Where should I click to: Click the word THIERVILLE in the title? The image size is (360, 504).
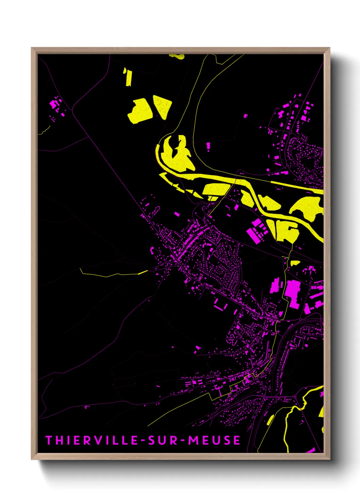92,440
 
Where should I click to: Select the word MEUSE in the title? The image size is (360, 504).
214,440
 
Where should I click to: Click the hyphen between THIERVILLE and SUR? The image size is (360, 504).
144,441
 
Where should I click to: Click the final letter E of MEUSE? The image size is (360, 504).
236,440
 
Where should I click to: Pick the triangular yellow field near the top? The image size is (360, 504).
163,106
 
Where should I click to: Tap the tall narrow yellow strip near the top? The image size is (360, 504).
128,78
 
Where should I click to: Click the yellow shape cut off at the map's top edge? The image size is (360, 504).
178,56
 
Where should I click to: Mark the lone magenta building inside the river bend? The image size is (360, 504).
208,146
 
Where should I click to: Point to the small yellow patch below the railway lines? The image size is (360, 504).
295,263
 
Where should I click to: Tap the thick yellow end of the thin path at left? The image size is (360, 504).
143,272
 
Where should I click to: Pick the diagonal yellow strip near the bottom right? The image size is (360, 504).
270,420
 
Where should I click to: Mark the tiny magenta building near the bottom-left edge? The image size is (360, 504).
86,407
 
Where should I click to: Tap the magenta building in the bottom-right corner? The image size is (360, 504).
311,451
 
